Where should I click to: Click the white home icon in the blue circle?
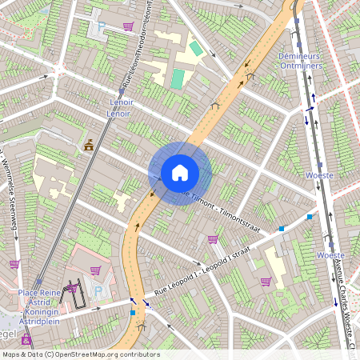pyautogui.click(x=180, y=172)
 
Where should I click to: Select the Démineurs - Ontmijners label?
pyautogui.click(x=300, y=62)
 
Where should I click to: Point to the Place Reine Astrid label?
pyautogui.click(x=40, y=298)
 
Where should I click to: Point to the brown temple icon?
pyautogui.click(x=89, y=146)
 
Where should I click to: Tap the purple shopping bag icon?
pyautogui.click(x=266, y=282)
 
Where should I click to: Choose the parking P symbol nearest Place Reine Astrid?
pyautogui.click(x=99, y=292)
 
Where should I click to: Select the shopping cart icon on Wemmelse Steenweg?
pyautogui.click(x=14, y=263)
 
